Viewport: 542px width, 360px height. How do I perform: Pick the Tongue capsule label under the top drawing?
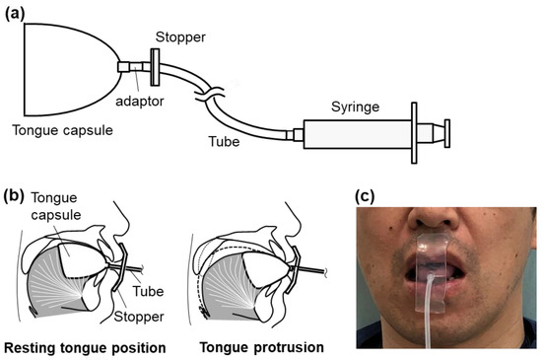point(58,129)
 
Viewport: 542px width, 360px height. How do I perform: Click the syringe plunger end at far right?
point(446,133)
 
